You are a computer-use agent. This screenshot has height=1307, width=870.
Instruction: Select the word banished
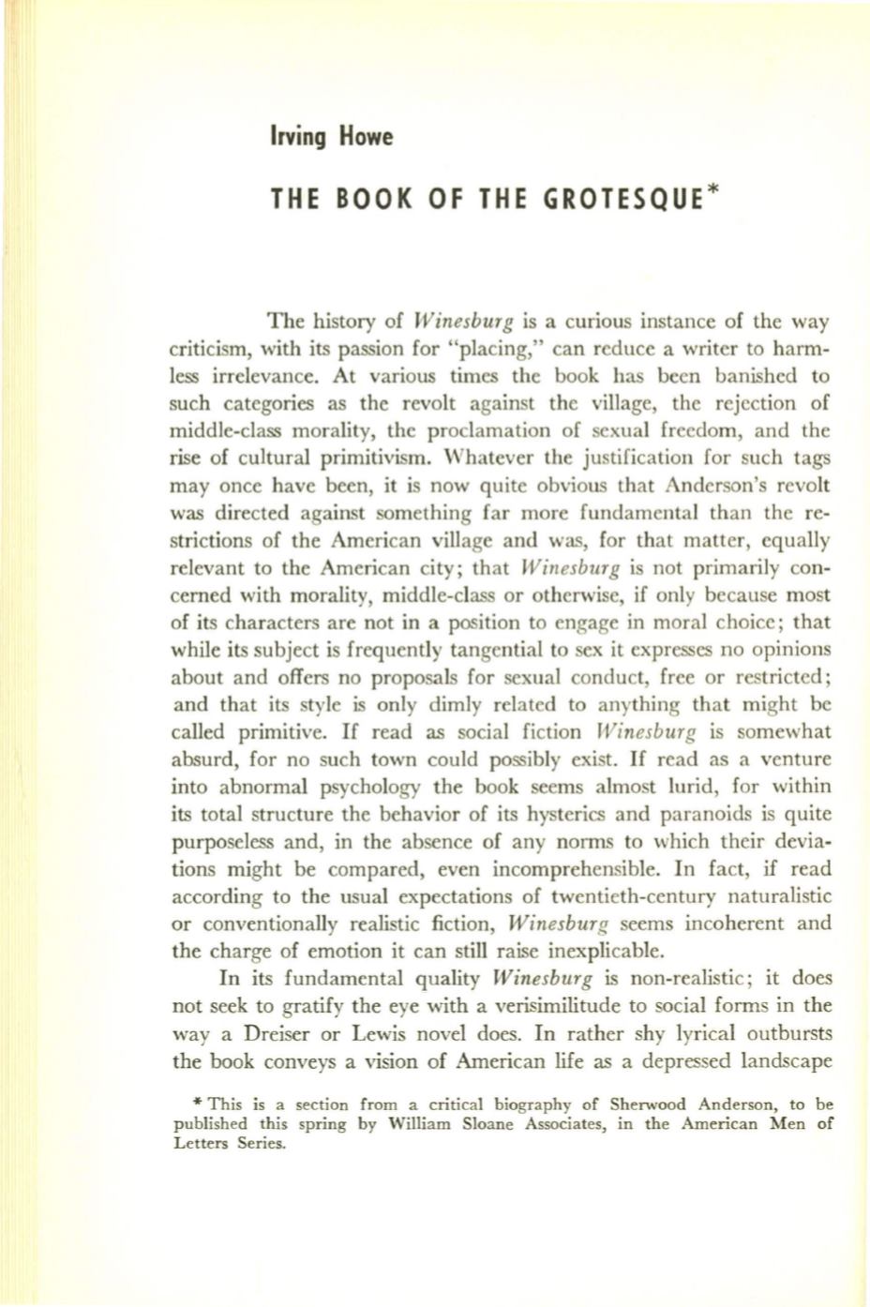click(754, 377)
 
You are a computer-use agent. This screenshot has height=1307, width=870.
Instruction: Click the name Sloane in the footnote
click(483, 1124)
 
